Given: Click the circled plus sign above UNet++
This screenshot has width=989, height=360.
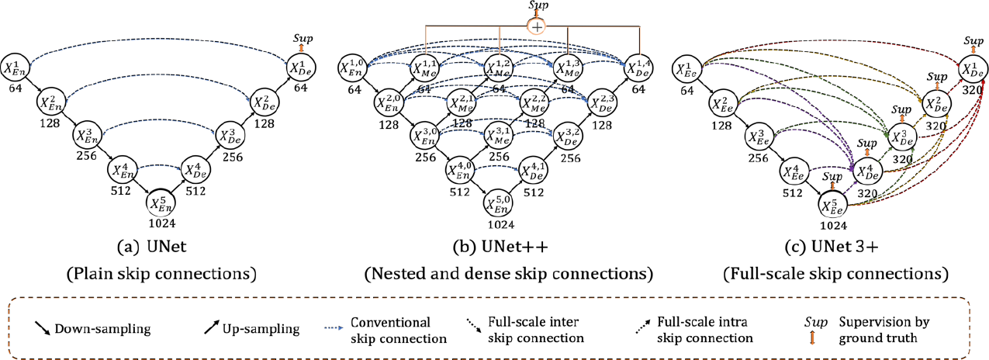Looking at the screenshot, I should point(536,26).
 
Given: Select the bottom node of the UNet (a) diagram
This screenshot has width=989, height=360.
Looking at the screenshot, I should point(161,202).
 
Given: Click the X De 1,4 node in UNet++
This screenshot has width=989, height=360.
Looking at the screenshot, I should point(639,69).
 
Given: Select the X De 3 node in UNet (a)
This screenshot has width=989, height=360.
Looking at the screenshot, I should point(231,135).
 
